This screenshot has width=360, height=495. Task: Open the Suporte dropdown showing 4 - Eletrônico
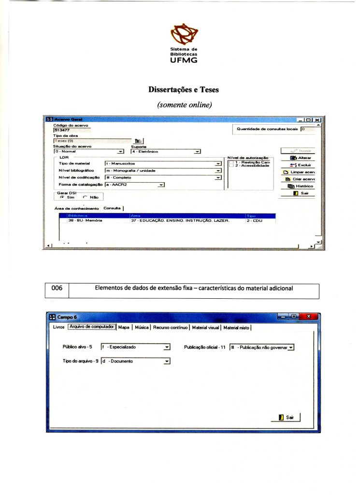pyautogui.click(x=166, y=152)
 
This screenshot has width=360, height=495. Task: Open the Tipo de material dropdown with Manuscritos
pyautogui.click(x=162, y=164)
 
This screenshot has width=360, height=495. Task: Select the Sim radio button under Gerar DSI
pyautogui.click(x=63, y=197)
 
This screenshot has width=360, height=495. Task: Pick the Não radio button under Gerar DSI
pyautogui.click(x=86, y=197)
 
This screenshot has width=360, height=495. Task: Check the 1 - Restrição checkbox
pyautogui.click(x=231, y=162)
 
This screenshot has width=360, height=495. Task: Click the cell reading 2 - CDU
pyautogui.click(x=254, y=220)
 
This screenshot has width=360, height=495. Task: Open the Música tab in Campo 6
pyautogui.click(x=141, y=328)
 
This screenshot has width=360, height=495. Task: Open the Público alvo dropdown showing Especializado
pyautogui.click(x=136, y=347)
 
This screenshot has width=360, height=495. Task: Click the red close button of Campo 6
pyautogui.click(x=308, y=316)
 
